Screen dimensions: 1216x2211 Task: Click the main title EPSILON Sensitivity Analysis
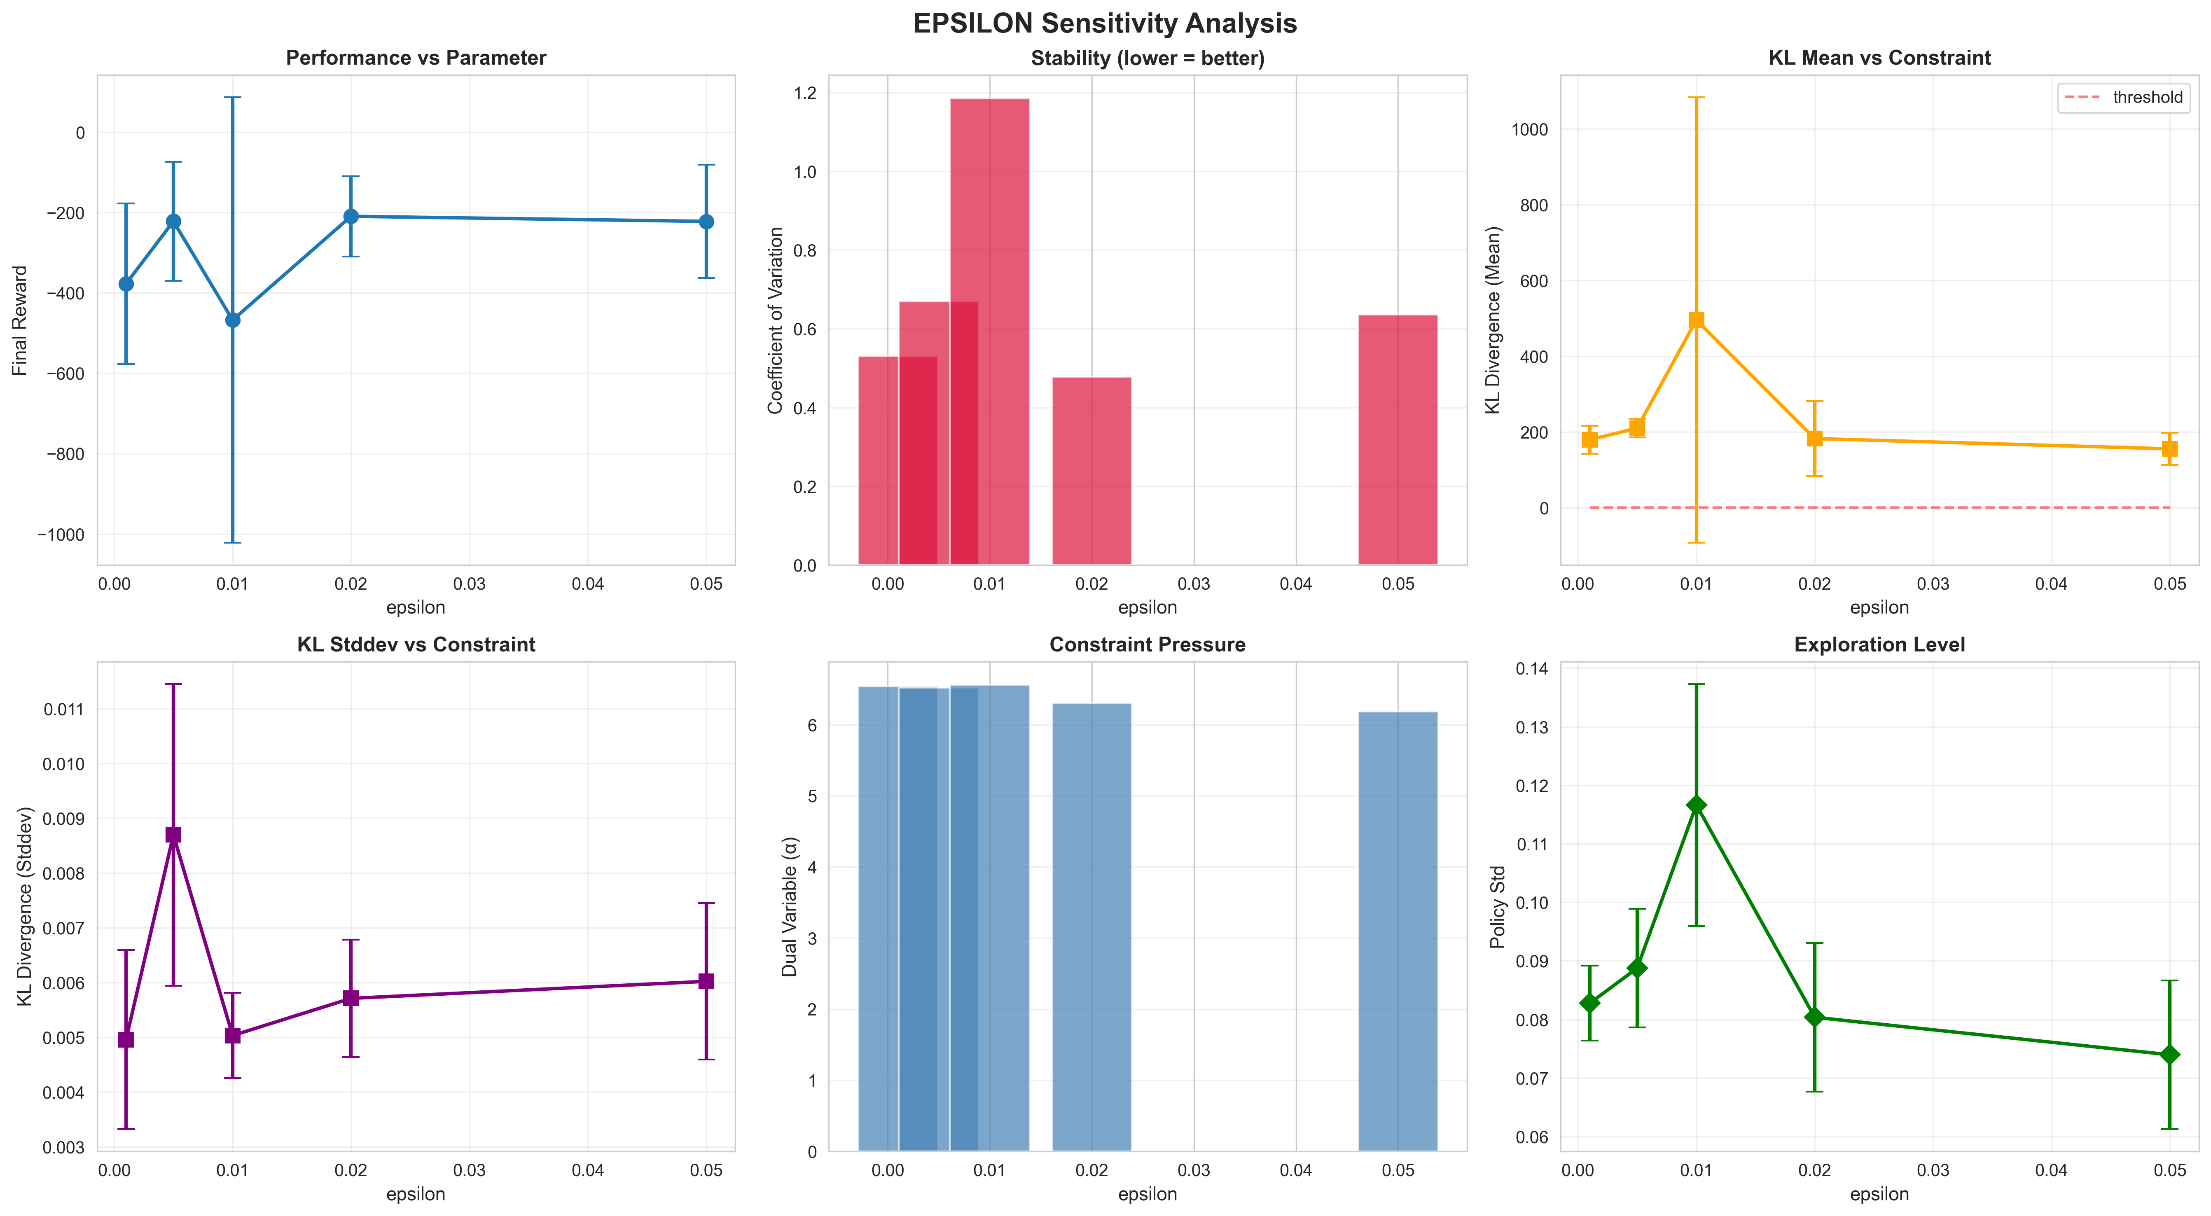coord(1105,23)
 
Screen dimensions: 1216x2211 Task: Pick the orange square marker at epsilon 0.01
coord(1696,320)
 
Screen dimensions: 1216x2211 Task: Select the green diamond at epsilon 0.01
coord(1696,805)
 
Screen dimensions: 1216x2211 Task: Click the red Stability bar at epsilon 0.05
coord(1398,439)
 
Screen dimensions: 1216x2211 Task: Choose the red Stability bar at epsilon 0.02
coord(1092,470)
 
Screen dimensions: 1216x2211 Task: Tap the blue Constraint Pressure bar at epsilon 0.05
coord(1398,931)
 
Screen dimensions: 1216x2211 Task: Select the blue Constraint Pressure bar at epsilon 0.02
coord(1092,927)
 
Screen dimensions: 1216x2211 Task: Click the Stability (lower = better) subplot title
coord(1148,58)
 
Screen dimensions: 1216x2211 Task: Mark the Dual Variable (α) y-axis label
coord(790,906)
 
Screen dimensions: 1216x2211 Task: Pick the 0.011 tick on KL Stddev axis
coord(64,709)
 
